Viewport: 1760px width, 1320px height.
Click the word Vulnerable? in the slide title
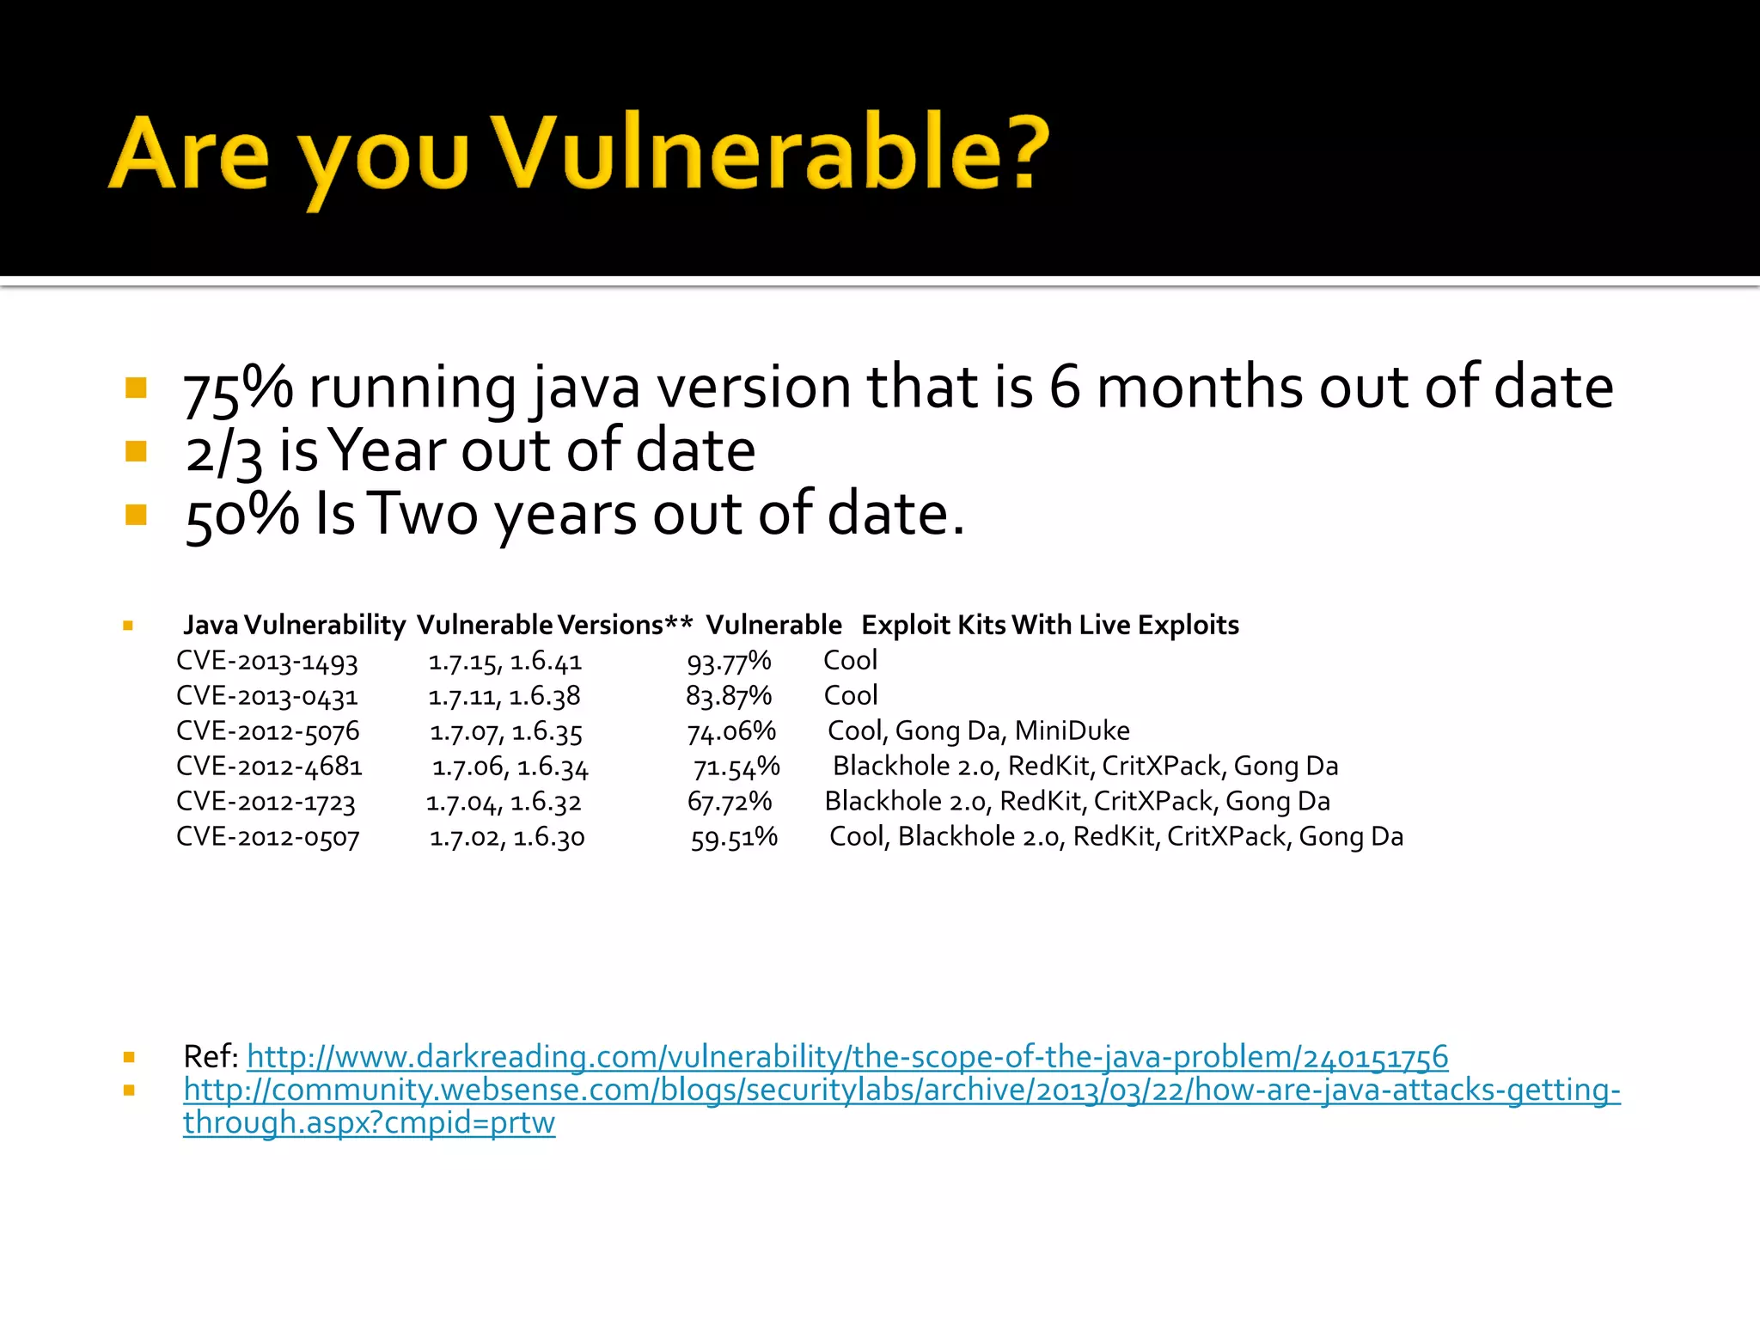click(772, 153)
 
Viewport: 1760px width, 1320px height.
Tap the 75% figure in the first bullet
click(238, 388)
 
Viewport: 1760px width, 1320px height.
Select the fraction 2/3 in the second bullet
click(223, 453)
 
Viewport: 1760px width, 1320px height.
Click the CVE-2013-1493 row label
click(267, 661)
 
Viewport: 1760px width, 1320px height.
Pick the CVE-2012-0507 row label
click(268, 837)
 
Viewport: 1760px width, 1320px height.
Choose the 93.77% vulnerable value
click(729, 661)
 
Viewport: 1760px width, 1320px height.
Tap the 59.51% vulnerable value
click(734, 837)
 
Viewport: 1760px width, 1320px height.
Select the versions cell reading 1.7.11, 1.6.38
click(504, 696)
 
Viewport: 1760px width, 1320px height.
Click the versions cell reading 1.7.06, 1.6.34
click(510, 767)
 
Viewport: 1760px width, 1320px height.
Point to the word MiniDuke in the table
click(1072, 731)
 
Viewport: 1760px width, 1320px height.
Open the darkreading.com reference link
click(847, 1056)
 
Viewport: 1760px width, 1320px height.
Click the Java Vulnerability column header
click(294, 625)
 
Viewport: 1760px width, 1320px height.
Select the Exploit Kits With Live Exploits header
click(1050, 625)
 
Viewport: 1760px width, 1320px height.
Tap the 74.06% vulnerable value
click(731, 731)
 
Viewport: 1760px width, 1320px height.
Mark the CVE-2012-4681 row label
click(269, 767)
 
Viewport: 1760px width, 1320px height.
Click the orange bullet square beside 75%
click(136, 388)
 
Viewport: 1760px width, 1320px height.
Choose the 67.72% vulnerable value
click(730, 802)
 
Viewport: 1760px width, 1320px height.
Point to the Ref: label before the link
click(211, 1056)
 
